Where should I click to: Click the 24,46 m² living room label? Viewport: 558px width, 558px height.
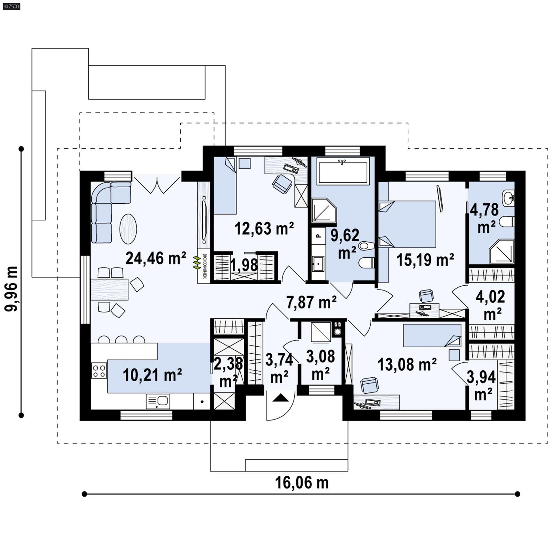click(x=156, y=258)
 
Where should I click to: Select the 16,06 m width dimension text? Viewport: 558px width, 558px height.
click(x=302, y=483)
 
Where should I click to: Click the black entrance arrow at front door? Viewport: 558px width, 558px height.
click(x=280, y=398)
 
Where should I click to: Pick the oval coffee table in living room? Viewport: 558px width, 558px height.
click(x=128, y=229)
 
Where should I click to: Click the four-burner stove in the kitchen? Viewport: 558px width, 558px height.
click(x=99, y=371)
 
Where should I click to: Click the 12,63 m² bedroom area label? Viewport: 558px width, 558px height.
click(x=264, y=229)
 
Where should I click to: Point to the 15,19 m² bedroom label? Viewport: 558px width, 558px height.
click(x=425, y=260)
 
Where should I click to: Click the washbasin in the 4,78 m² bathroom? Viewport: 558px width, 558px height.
click(x=508, y=198)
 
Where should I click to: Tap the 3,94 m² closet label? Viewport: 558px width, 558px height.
click(x=481, y=385)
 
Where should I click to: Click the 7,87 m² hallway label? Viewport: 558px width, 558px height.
click(x=311, y=302)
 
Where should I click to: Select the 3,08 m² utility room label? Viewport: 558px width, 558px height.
click(x=321, y=365)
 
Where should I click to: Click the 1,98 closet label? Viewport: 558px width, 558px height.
click(x=244, y=265)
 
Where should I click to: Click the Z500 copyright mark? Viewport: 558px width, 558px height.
click(x=11, y=6)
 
